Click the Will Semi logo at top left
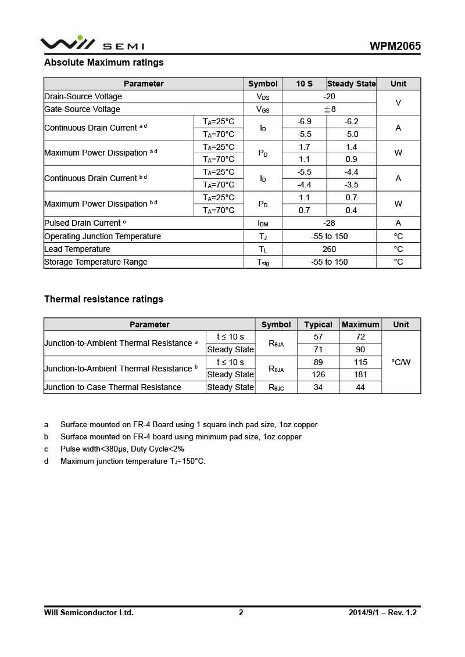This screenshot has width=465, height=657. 92,44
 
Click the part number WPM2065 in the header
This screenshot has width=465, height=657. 395,46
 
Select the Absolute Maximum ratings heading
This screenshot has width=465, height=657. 104,62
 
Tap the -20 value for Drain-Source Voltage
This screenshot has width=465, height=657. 329,96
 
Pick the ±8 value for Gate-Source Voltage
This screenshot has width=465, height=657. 329,109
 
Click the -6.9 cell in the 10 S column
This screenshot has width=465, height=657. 304,121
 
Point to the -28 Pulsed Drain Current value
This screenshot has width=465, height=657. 329,223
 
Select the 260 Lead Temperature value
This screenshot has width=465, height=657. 329,249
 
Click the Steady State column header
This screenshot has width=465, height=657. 351,84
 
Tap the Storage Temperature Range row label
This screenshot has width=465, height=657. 96,262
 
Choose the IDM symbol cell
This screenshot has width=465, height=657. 263,223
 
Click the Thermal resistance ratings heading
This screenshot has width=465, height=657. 103,299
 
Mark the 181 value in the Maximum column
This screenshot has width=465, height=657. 360,374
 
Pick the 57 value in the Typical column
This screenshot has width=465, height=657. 318,337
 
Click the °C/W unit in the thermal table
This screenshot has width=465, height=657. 401,362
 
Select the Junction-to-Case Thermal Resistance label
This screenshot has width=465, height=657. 113,387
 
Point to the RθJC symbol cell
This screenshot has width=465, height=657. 276,388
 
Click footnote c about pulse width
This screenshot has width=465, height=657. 122,449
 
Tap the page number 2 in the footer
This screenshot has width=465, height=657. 241,612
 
